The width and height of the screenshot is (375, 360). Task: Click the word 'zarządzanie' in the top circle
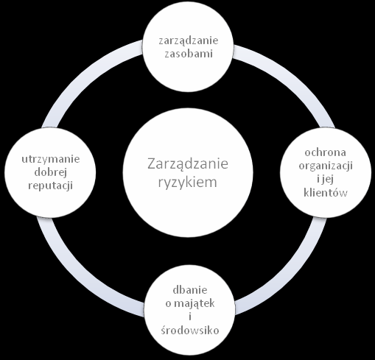coord(189,41)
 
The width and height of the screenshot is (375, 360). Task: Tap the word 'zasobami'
coord(189,54)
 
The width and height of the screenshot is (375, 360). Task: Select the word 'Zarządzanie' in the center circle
coord(188,164)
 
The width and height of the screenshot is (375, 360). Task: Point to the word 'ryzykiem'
coord(188,183)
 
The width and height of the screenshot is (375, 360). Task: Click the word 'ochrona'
coord(326,152)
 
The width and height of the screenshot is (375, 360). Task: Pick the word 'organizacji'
coord(326,166)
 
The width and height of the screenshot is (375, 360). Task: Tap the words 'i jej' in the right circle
coord(326,180)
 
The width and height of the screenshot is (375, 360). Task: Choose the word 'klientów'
coord(326,192)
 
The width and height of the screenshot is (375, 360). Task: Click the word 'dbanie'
coord(190,290)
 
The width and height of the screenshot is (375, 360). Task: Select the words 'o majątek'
coord(190,304)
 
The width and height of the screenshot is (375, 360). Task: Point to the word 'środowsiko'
coord(190,331)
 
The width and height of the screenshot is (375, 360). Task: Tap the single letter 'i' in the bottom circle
coord(190,317)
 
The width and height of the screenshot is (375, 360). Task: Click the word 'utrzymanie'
coord(51,159)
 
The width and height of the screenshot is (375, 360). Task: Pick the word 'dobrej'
coord(51,172)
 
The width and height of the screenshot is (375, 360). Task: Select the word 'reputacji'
coord(51,186)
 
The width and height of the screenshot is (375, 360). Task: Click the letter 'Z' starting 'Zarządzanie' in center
coord(152,164)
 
